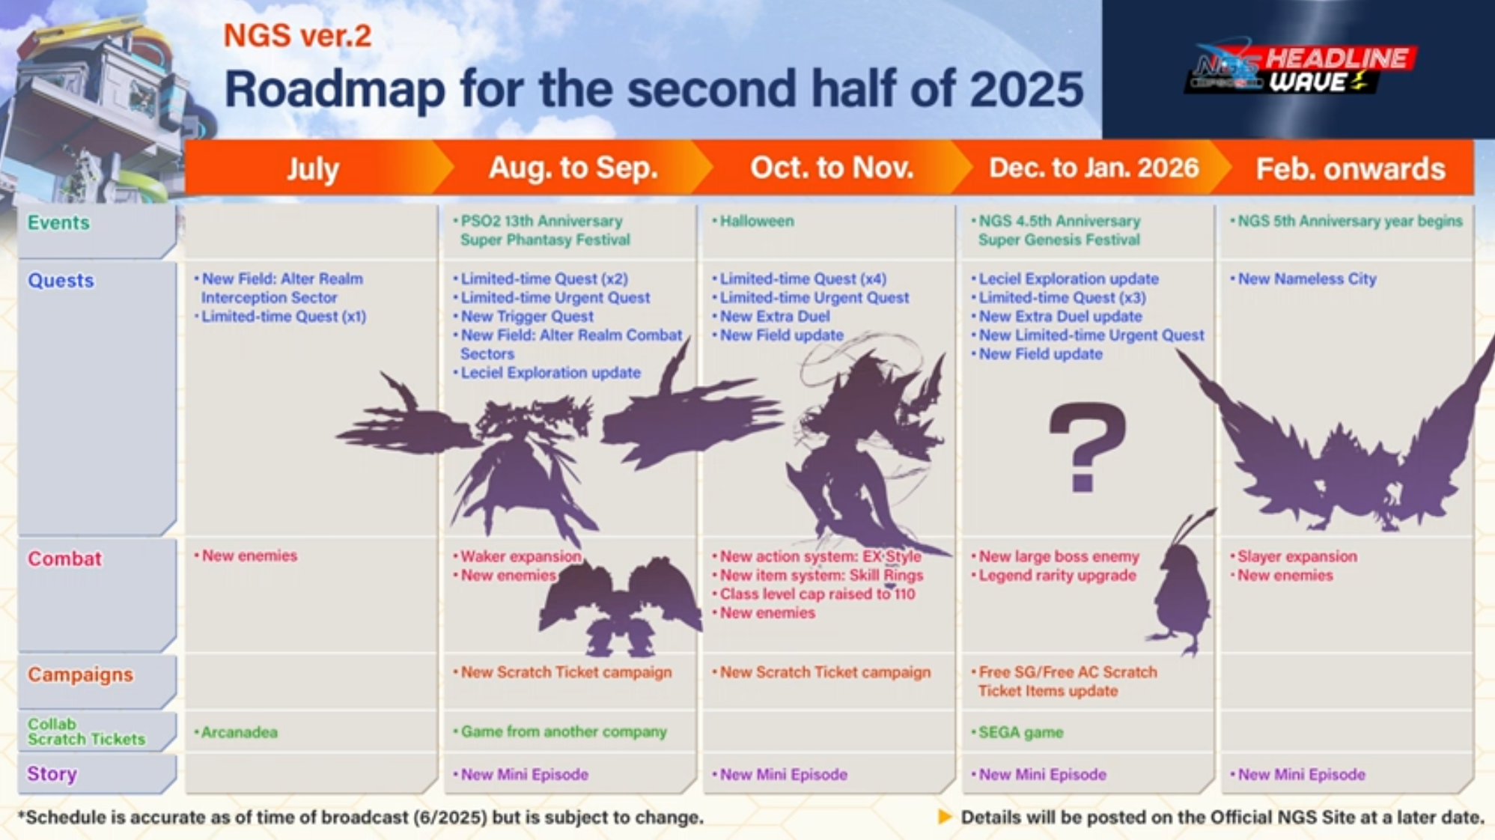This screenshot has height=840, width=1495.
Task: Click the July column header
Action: coord(313,169)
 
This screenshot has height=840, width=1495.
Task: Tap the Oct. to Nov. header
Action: coord(832,168)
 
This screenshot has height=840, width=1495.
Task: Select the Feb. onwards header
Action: coord(1351,168)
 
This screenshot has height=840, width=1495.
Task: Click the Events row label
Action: coord(58,222)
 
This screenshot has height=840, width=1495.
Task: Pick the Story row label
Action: coord(52,773)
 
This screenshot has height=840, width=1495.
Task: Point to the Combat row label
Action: coord(64,559)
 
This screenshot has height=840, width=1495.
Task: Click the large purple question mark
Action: coord(1087,447)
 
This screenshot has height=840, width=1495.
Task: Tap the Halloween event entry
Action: coord(756,221)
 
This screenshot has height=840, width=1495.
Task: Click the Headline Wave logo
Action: coord(1300,70)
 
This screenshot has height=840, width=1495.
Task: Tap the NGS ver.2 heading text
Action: coord(297,35)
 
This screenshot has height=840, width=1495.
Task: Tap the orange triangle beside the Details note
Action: coord(945,817)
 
